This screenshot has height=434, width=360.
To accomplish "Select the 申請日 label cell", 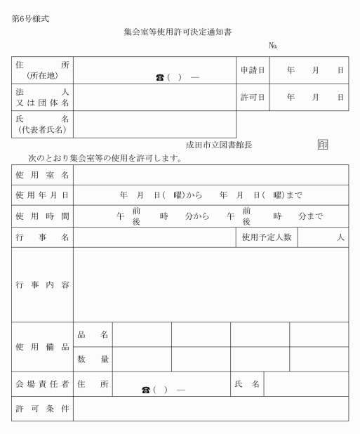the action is [x=253, y=70].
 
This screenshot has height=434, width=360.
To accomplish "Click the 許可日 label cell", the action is [x=253, y=98].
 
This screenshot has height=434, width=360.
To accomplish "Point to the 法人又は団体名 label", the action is [x=42, y=98].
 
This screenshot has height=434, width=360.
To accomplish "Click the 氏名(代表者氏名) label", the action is [x=42, y=124].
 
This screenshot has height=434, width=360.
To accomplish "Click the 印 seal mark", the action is [x=322, y=145].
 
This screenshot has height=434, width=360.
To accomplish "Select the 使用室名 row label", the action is [x=42, y=175].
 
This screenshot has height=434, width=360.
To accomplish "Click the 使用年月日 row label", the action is [x=42, y=195].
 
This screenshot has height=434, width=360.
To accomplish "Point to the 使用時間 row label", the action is [x=42, y=216].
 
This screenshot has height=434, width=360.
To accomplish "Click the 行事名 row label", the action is [x=42, y=238].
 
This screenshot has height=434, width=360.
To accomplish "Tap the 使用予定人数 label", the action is [x=267, y=238].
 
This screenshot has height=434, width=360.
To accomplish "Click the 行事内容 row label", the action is [x=42, y=285].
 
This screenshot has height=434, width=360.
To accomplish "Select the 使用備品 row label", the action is [x=42, y=347].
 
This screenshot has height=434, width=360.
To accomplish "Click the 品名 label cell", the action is [x=93, y=335].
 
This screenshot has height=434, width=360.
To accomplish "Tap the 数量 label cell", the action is [x=93, y=360].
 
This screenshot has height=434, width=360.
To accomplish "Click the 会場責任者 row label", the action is [x=42, y=384].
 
